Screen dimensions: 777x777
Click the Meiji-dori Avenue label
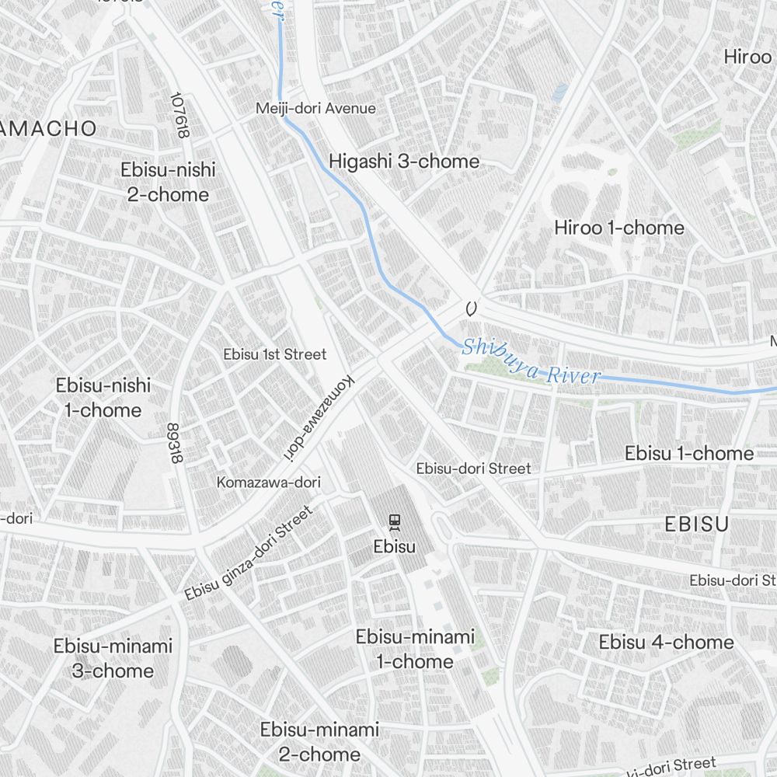click(x=315, y=109)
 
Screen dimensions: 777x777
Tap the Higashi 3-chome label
click(x=404, y=162)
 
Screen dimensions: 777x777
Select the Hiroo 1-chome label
click(x=619, y=228)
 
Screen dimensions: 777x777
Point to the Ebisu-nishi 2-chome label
click(x=168, y=182)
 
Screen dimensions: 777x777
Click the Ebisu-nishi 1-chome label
click(x=103, y=397)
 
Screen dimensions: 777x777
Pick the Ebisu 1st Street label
click(x=275, y=354)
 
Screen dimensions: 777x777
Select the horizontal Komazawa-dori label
click(x=268, y=483)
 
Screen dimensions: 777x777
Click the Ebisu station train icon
click(x=395, y=522)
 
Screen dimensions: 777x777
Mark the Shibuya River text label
click(x=531, y=362)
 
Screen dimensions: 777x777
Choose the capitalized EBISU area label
click(x=696, y=524)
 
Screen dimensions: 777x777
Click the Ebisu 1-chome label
click(x=689, y=453)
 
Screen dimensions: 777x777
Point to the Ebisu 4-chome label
click(x=666, y=643)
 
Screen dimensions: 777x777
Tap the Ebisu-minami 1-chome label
click(x=415, y=649)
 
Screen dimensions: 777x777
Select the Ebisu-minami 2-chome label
click(x=319, y=741)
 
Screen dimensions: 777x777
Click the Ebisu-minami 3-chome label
click(x=113, y=657)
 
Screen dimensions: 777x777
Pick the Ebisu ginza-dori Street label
click(x=249, y=553)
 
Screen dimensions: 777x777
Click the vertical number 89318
click(x=174, y=444)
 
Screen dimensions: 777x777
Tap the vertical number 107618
click(x=181, y=116)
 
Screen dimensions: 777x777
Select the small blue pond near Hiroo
click(x=559, y=92)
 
